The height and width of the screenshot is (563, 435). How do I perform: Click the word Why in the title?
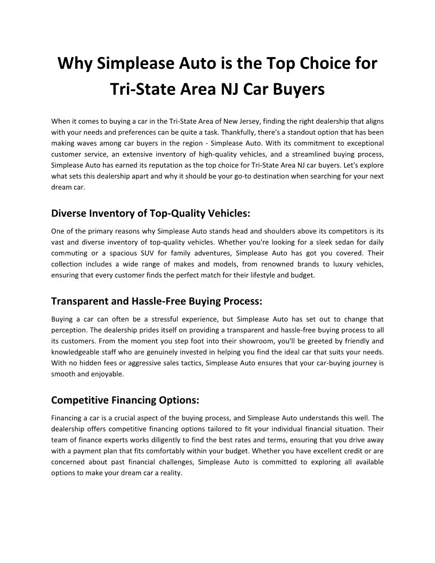coord(75,63)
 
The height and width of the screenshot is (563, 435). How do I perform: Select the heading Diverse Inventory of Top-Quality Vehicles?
coord(150,213)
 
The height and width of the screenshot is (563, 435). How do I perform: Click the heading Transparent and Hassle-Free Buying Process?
coord(156,301)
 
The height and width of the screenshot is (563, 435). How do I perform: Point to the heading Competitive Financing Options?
coord(125,399)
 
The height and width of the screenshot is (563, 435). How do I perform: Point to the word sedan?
coord(316,242)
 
